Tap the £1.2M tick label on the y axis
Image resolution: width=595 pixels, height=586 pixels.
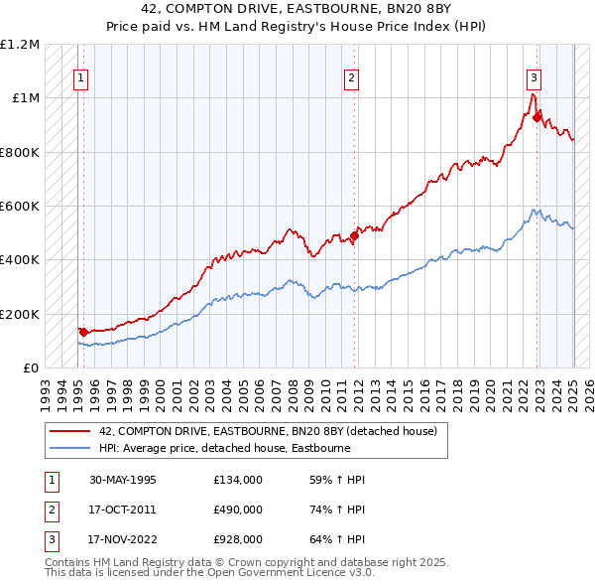pos(20,45)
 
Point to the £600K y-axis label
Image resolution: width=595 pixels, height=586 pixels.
pos(20,207)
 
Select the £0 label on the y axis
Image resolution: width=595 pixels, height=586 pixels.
pos(31,368)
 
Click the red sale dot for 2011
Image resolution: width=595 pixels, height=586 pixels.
pos(354,236)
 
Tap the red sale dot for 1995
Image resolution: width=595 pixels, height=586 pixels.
pos(84,332)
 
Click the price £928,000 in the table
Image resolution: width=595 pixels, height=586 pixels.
pos(238,540)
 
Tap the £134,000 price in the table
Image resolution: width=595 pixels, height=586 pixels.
pos(238,479)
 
